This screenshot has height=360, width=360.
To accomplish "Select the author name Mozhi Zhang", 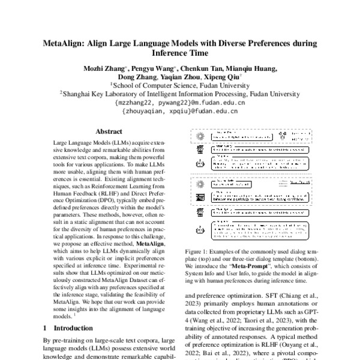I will [x=104, y=68].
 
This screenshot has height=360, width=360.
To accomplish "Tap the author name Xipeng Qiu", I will [x=222, y=77].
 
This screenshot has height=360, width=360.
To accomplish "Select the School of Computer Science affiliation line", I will [x=179, y=85].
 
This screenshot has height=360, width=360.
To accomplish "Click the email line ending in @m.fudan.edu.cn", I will [x=179, y=103].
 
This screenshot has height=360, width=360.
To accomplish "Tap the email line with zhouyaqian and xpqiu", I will [x=179, y=111].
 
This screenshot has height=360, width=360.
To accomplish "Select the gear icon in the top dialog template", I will [x=200, y=136].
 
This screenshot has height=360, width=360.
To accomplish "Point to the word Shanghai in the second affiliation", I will [x=78, y=94].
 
